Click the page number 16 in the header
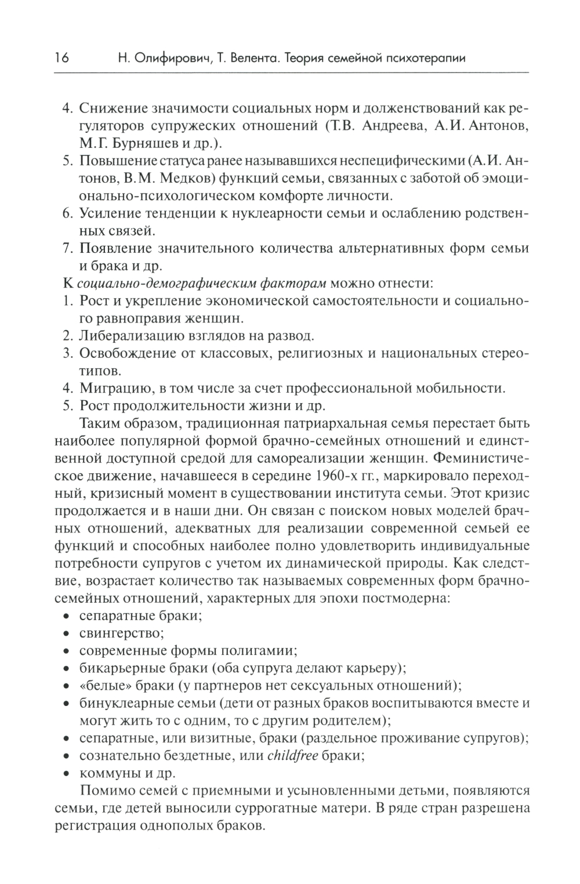coord(61,58)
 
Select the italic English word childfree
coord(292,755)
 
